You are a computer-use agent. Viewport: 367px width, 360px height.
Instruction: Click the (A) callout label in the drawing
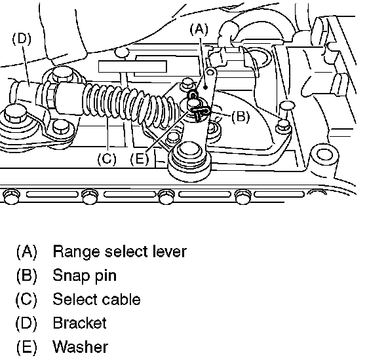(x=199, y=30)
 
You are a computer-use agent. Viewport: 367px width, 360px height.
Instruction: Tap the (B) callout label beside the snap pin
(x=241, y=117)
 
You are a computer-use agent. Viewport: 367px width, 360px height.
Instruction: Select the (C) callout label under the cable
(x=107, y=159)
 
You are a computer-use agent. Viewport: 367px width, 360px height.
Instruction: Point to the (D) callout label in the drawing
(x=22, y=39)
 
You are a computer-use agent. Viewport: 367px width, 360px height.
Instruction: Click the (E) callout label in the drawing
(x=140, y=159)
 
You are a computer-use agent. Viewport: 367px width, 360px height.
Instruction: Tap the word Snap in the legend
(x=71, y=276)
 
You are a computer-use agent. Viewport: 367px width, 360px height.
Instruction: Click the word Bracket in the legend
(x=80, y=323)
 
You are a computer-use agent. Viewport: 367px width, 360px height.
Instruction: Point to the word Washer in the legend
(x=81, y=347)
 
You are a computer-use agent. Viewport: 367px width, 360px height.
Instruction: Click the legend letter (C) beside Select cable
(x=26, y=299)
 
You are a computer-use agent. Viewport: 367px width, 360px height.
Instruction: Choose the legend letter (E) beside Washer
(x=26, y=347)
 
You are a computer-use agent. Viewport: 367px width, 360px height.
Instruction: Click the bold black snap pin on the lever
(x=200, y=111)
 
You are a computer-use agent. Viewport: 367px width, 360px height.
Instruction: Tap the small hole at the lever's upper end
(x=210, y=73)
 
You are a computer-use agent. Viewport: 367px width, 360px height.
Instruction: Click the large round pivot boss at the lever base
(x=190, y=161)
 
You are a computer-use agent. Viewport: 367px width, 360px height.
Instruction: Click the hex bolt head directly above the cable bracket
(x=62, y=74)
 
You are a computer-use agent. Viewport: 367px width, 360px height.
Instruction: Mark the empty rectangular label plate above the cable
(x=132, y=67)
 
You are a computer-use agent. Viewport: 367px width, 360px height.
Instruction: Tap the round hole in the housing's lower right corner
(x=324, y=154)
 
